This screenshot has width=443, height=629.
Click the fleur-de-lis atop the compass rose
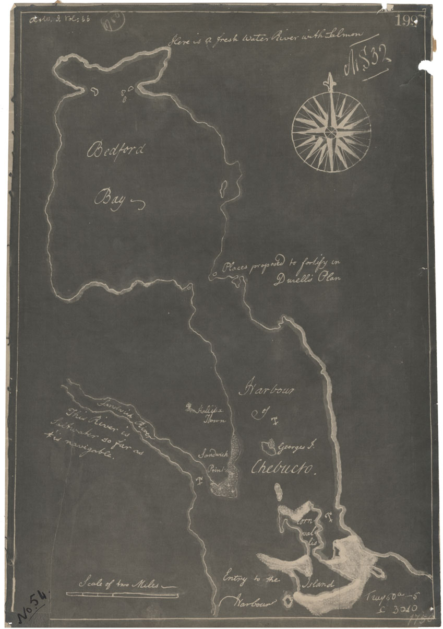coord(329,81)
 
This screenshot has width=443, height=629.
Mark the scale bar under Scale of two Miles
coord(122,594)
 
